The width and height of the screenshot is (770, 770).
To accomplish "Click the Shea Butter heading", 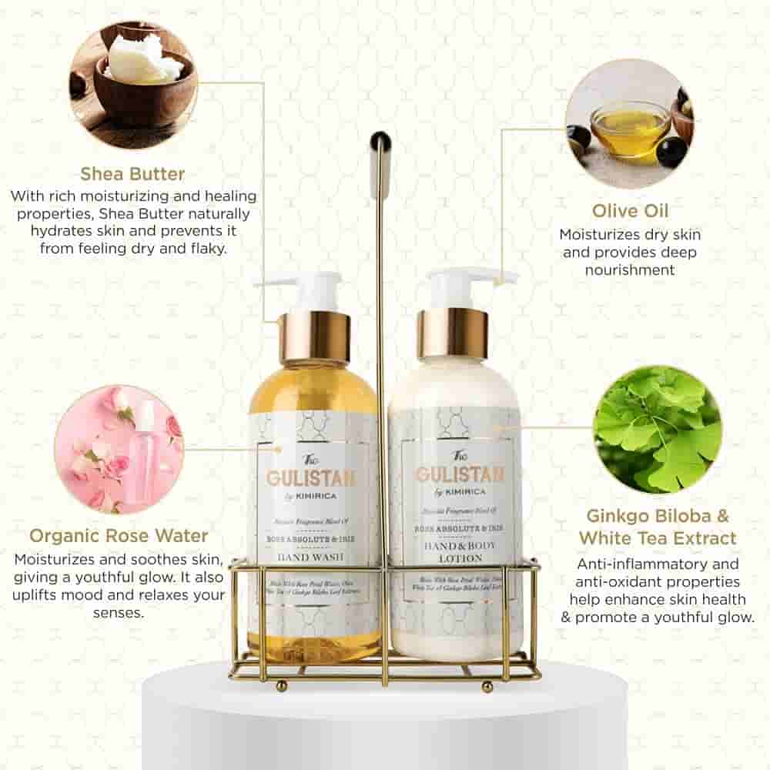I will pyautogui.click(x=132, y=172).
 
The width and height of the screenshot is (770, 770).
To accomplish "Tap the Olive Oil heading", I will pyautogui.click(x=630, y=211).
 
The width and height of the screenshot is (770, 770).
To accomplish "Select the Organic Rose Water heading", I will pyautogui.click(x=119, y=535).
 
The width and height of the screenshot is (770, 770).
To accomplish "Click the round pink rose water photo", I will pyautogui.click(x=119, y=450).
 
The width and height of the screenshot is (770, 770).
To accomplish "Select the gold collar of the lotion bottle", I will pyautogui.click(x=453, y=333).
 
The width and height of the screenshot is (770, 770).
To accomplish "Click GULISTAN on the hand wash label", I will pyautogui.click(x=311, y=477).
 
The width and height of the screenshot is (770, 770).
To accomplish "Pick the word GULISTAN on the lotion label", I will pyautogui.click(x=460, y=474).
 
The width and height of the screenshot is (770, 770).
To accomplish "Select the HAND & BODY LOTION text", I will pyautogui.click(x=455, y=550).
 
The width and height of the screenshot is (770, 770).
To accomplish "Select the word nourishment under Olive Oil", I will pyautogui.click(x=630, y=269).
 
